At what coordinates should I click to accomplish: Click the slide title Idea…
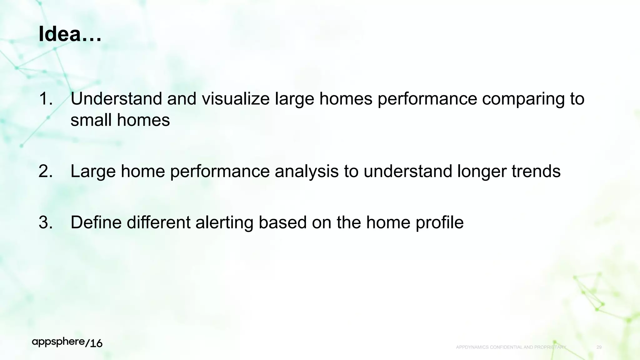70,34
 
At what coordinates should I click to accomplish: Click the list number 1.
46,99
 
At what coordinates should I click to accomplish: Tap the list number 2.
46,171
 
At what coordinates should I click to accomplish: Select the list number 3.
46,222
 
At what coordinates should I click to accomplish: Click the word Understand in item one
116,99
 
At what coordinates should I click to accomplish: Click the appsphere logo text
58,342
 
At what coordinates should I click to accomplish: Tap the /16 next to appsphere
94,343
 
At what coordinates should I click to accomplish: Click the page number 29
599,347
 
